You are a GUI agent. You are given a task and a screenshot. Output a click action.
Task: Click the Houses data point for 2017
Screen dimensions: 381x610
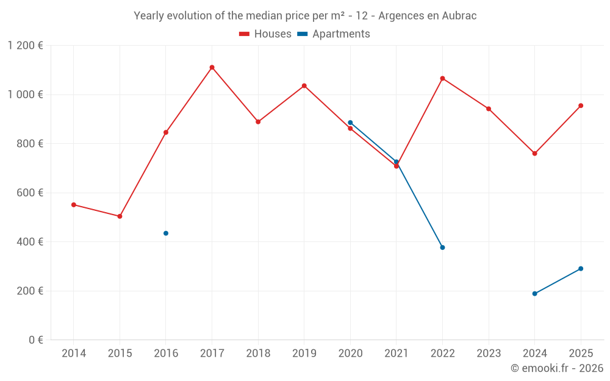pos(212,68)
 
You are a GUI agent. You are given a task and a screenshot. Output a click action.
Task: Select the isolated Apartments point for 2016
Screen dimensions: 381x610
pos(166,233)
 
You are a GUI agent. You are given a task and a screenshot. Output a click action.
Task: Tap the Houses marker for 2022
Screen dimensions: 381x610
pos(442,79)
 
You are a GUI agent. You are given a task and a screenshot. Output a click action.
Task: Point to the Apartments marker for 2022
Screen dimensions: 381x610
pos(442,247)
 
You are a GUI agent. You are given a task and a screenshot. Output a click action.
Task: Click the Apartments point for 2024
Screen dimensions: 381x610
pos(534,294)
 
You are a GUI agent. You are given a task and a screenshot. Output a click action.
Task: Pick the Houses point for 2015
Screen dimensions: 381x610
pos(120,216)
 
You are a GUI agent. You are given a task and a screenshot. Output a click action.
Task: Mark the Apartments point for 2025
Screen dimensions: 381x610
pos(581,269)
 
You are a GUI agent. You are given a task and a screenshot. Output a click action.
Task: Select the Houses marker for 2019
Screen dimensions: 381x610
pos(304,86)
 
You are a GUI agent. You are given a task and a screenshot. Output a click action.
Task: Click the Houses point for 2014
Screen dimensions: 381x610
pos(74,205)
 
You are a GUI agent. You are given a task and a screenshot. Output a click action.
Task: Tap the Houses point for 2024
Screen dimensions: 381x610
pos(534,154)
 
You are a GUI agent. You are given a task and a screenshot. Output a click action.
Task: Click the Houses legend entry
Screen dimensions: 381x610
pos(265,34)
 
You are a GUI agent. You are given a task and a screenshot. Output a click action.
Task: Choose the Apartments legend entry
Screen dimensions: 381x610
pos(334,34)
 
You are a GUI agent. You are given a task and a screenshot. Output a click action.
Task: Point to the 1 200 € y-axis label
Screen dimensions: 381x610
pos(25,46)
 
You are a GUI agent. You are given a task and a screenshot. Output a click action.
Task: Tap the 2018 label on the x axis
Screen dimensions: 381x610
pos(258,354)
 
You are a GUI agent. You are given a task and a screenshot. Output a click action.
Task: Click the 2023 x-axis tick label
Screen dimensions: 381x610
pos(489,354)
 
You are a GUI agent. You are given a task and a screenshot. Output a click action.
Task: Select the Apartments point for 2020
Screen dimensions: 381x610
pos(350,123)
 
